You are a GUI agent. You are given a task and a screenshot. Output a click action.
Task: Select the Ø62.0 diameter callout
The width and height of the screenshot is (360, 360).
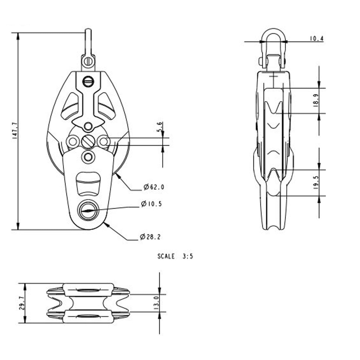[154, 187]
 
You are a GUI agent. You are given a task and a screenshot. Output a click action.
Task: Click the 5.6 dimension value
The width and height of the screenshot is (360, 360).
[160, 128]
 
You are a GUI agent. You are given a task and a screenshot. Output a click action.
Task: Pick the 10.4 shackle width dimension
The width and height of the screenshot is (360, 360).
[317, 39]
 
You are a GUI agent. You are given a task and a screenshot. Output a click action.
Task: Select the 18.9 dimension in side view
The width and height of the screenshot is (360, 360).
[316, 100]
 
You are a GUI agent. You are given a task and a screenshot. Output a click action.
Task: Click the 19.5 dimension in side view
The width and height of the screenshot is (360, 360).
[316, 182]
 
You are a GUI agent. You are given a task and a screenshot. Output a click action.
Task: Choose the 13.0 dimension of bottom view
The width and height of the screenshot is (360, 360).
[157, 303]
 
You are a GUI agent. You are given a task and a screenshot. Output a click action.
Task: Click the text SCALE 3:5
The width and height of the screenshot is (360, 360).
[175, 256]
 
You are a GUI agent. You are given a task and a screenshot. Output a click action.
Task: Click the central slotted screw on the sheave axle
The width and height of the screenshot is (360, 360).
[88, 141]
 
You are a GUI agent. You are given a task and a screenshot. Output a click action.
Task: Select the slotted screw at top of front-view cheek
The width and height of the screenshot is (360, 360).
[88, 81]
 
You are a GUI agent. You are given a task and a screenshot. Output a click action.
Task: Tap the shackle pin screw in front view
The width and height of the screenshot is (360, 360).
[88, 62]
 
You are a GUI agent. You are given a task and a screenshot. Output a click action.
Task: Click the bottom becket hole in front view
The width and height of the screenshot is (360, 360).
[88, 210]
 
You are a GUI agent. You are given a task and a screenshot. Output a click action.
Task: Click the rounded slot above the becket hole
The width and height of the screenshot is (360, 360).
[88, 183]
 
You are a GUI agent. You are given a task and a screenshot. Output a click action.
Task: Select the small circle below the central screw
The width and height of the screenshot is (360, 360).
[88, 156]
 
